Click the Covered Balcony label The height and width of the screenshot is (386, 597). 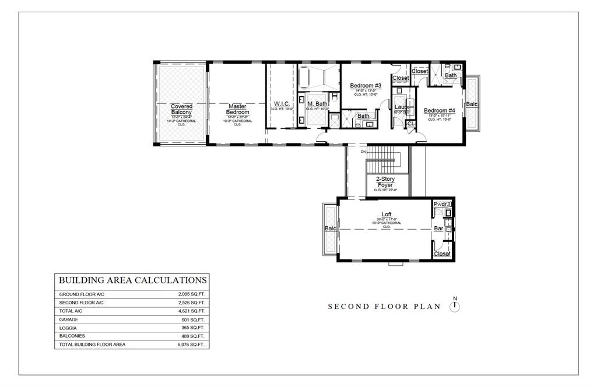(182, 110)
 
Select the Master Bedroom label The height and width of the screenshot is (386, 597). (237, 110)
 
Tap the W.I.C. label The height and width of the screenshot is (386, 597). (282, 104)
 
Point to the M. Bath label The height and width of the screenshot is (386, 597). (318, 104)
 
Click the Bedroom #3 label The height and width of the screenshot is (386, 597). (366, 86)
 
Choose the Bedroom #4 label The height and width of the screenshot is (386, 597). (439, 111)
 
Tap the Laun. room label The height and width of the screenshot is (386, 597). (401, 107)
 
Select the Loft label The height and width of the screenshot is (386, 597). (386, 215)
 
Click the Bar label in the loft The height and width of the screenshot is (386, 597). (438, 229)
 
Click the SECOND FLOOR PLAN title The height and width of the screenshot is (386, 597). (385, 307)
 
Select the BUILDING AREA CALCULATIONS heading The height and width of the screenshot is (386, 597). (132, 280)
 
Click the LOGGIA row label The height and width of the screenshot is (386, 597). (69, 328)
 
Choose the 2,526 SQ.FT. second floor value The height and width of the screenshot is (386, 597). (191, 303)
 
